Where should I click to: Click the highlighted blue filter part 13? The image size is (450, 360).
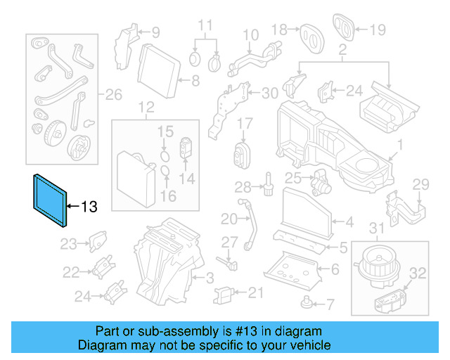[50, 200]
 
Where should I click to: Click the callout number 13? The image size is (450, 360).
[89, 207]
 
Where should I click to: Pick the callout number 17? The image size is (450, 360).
[244, 124]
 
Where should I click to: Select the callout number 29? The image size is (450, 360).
[420, 185]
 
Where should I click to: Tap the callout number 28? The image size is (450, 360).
[243, 187]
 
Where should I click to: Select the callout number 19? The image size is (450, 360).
[378, 30]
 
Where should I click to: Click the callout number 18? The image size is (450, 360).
[279, 29]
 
